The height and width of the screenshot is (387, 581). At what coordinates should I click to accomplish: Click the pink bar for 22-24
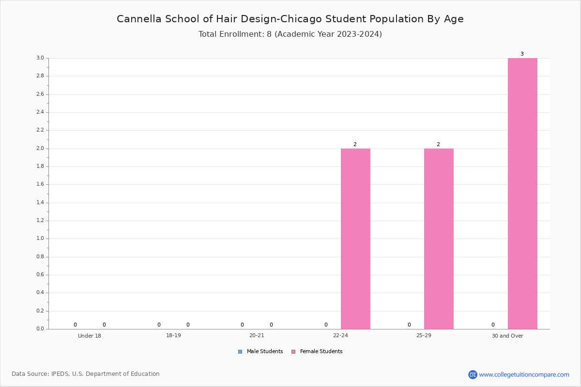(355, 239)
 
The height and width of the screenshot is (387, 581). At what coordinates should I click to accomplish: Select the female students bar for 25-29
(439, 239)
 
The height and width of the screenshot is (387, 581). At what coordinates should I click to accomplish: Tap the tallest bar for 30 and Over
(522, 193)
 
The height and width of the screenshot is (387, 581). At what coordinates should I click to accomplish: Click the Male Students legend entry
(260, 352)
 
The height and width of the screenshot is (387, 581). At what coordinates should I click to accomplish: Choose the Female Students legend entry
(317, 352)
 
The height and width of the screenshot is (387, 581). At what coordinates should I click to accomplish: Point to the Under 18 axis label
(90, 336)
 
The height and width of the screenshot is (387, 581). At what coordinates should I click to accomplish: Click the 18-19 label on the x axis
(173, 335)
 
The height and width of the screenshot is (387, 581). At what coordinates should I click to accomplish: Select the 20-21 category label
(257, 335)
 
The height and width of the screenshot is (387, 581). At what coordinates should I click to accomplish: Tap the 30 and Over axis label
(507, 336)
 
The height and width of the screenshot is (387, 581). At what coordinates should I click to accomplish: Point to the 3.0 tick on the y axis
(40, 58)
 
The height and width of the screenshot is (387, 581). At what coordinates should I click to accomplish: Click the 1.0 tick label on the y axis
(40, 238)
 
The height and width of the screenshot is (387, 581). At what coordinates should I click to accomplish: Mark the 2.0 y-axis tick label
(40, 148)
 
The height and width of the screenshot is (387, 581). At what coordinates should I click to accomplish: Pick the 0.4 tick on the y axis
(40, 292)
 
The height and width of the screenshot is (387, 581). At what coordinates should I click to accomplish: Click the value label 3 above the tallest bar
(522, 54)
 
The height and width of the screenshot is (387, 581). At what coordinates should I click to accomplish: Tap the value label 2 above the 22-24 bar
(355, 144)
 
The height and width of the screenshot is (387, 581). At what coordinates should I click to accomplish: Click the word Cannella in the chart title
(139, 19)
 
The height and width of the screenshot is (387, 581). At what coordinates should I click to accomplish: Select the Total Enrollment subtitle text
(290, 34)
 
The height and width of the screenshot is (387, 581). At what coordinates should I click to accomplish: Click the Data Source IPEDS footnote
(86, 374)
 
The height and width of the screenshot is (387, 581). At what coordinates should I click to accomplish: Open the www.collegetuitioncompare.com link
(524, 374)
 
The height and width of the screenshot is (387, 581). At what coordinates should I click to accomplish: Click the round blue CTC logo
(473, 374)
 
